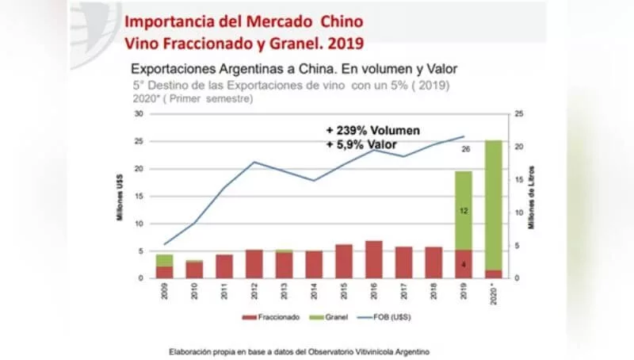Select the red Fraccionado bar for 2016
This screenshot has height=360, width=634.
[x=373, y=259]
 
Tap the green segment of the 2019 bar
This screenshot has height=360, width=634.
[x=464, y=210]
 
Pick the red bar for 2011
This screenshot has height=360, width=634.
[x=224, y=266]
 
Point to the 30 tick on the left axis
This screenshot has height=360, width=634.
[x=139, y=114]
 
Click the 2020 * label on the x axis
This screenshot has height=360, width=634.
[x=494, y=295]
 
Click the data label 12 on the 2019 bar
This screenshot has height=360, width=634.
[x=464, y=211]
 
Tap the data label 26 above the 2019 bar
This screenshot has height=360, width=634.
[x=465, y=148]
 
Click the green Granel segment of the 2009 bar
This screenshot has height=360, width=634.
[x=165, y=260]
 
